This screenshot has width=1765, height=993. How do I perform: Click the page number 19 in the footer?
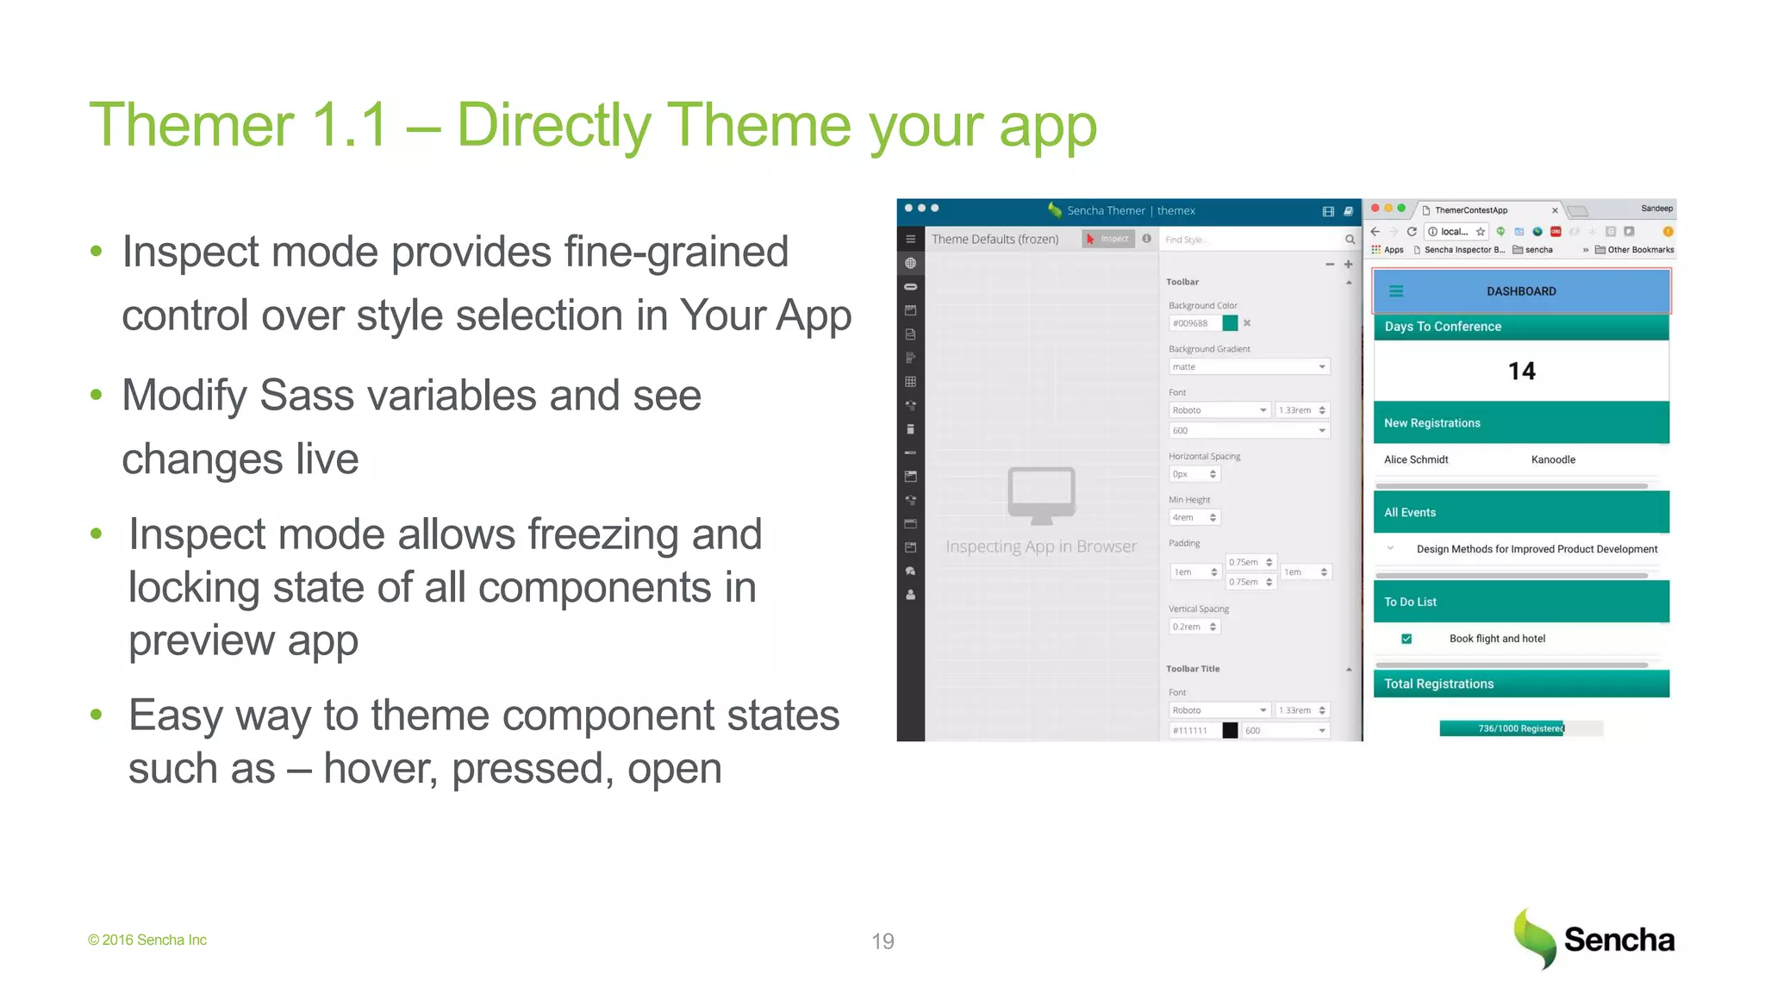click(x=882, y=941)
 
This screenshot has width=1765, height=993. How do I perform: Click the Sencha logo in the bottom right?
click(x=1593, y=939)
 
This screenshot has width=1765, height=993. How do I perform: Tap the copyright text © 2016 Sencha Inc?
click(x=147, y=940)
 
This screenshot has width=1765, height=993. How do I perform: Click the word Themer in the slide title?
click(x=191, y=126)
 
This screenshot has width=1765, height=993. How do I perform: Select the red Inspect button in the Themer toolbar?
click(x=1108, y=239)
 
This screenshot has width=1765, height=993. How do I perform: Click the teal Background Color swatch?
click(x=1230, y=323)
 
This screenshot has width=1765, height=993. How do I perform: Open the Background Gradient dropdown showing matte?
click(x=1249, y=367)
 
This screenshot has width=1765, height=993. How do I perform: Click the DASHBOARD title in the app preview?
click(x=1521, y=291)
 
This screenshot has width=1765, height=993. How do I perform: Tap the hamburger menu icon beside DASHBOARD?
click(x=1396, y=291)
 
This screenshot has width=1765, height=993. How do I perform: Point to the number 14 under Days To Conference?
click(x=1521, y=372)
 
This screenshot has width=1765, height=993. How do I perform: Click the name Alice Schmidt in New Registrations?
click(x=1416, y=459)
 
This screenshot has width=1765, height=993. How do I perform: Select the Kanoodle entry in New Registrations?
click(x=1553, y=459)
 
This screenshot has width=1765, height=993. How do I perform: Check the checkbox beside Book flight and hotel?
click(x=1406, y=639)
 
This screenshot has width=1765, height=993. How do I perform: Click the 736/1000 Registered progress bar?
click(x=1520, y=728)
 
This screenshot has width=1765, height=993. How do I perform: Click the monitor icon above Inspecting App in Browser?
click(x=1041, y=495)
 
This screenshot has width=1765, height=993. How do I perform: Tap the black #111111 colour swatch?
click(x=1230, y=731)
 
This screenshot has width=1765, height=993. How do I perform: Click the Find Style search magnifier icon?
click(x=1350, y=240)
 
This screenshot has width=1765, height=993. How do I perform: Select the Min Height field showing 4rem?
click(x=1194, y=518)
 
